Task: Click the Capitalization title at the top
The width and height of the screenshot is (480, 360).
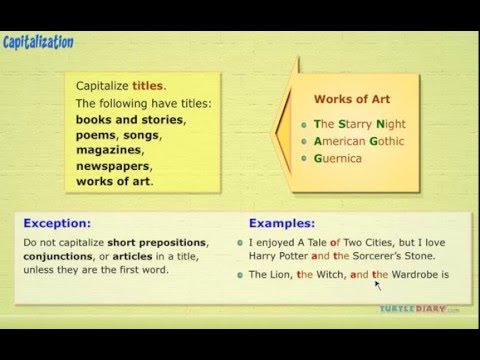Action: (38, 41)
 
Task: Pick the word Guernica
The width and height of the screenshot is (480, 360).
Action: (337, 158)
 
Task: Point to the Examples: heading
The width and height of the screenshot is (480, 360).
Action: (283, 223)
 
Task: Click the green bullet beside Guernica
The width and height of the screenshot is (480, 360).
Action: (304, 158)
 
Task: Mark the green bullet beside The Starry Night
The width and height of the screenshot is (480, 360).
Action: (304, 125)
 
